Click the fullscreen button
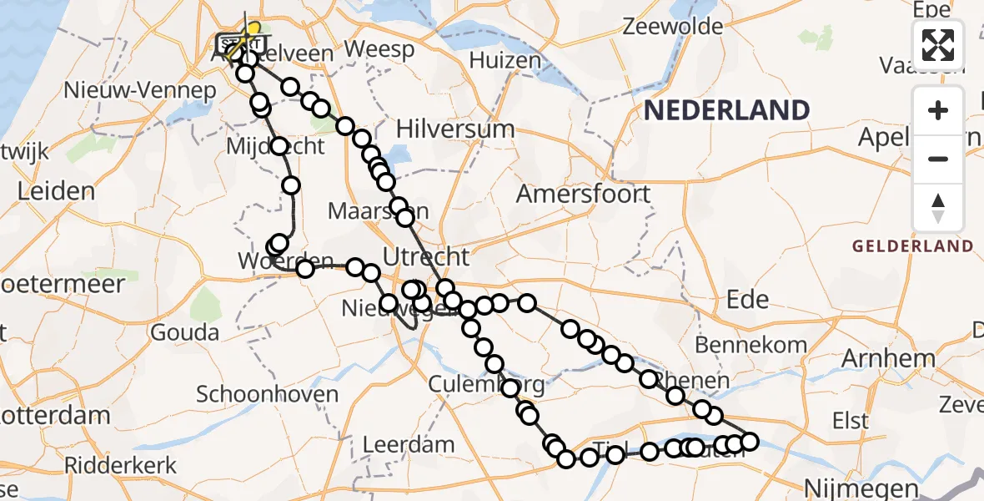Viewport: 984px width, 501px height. point(938,44)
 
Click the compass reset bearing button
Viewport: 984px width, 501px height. point(938,208)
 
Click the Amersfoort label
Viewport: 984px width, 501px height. point(583,194)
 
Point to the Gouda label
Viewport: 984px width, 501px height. point(185,332)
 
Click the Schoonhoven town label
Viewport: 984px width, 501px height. point(267,394)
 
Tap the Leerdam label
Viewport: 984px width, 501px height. point(409,444)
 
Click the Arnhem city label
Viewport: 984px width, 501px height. point(888,358)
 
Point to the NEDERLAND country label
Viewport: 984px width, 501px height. point(726,109)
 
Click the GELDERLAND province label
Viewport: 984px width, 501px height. point(912,245)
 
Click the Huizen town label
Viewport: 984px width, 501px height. point(505,60)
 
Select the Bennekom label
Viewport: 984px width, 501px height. point(751,344)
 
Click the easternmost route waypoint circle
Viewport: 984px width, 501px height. point(749,442)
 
